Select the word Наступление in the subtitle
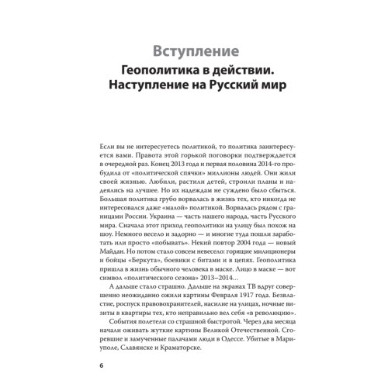158,101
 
